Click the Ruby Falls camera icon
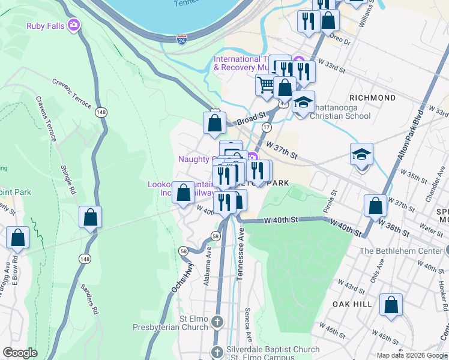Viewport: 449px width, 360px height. pyautogui.click(x=74, y=25)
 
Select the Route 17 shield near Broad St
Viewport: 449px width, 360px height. pyautogui.click(x=267, y=127)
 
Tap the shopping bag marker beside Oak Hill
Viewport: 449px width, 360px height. pyautogui.click(x=391, y=304)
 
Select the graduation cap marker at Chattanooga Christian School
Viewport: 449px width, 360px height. pyautogui.click(x=304, y=101)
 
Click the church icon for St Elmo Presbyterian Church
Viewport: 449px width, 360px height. pyautogui.click(x=217, y=322)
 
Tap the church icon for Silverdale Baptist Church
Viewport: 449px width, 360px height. pyautogui.click(x=217, y=351)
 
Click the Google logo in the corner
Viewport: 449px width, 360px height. pyautogui.click(x=20, y=352)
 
